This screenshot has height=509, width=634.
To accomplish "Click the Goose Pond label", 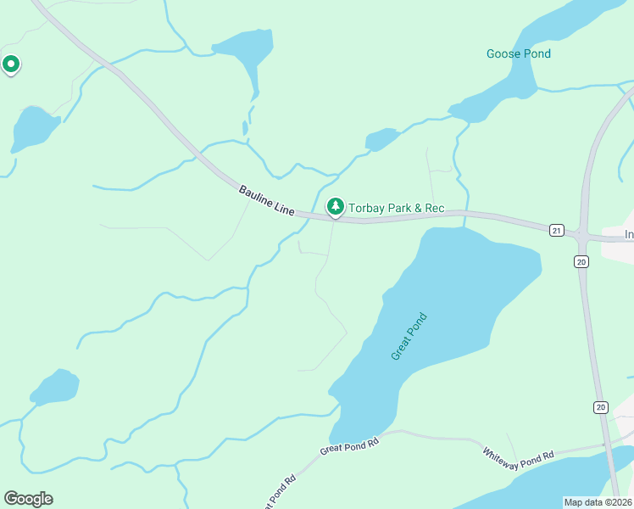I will [x=518, y=54].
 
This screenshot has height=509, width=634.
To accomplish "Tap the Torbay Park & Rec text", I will [x=397, y=208].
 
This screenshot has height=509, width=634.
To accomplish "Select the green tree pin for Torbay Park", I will [x=336, y=206].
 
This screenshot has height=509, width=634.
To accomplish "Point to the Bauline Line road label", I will [x=265, y=202].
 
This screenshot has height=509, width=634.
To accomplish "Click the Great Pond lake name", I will [x=409, y=337].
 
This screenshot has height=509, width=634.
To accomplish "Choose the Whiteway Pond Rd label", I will [x=518, y=455].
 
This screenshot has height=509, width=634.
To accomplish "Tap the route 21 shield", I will [x=556, y=230].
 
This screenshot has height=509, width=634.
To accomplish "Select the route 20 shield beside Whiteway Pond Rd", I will [x=600, y=408].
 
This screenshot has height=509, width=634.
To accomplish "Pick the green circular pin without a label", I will [x=11, y=64].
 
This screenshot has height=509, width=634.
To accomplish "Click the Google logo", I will [x=28, y=499].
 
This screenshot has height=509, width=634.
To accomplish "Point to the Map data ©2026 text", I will [x=598, y=502].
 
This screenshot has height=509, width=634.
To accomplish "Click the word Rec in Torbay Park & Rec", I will [x=435, y=208].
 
